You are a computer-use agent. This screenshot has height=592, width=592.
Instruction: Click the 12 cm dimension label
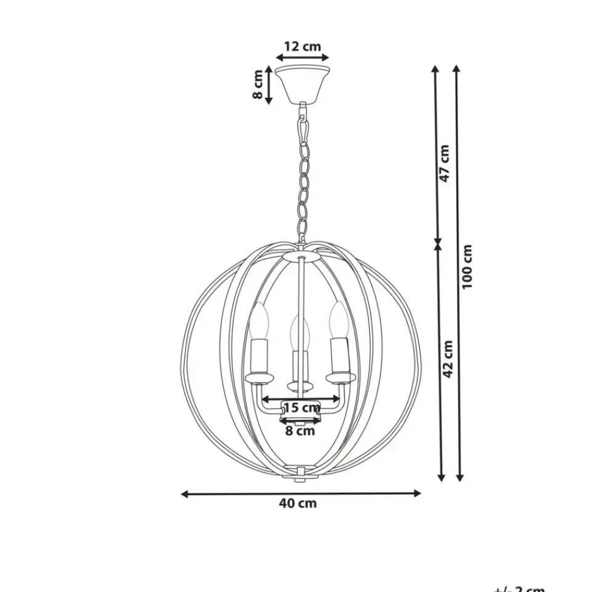pyautogui.click(x=302, y=46)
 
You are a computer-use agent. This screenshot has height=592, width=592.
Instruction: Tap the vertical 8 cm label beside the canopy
pyautogui.click(x=258, y=84)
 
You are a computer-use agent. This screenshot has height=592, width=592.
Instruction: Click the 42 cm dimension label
pyautogui.click(x=448, y=358)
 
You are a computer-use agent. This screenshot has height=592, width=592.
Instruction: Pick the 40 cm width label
pyautogui.click(x=298, y=503)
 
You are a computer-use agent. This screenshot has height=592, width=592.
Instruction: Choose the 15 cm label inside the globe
pyautogui.click(x=302, y=407)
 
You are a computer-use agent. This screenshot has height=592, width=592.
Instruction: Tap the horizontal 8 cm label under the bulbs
pyautogui.click(x=300, y=431)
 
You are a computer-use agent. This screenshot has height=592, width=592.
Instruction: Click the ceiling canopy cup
pyautogui.click(x=302, y=83)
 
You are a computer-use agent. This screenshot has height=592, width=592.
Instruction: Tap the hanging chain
pyautogui.click(x=303, y=179)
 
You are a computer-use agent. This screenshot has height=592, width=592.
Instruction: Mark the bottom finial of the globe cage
pyautogui.click(x=300, y=475)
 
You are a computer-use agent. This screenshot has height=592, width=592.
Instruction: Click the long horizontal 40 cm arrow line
pyautogui.click(x=301, y=493)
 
